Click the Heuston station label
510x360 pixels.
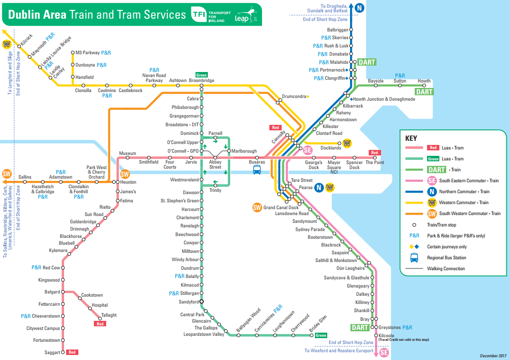point(128,182)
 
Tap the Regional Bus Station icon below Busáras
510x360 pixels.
point(257,170)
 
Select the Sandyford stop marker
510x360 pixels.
point(201,302)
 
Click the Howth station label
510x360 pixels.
point(424,81)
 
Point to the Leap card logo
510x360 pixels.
point(244,15)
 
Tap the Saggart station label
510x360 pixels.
point(52,352)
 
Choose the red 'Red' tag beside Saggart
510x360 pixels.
point(72,352)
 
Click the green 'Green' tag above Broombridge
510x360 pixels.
point(201,75)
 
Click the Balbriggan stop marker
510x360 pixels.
point(351,30)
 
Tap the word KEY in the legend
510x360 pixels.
point(411,138)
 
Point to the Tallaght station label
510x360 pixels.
point(109,315)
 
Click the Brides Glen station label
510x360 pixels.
point(318,326)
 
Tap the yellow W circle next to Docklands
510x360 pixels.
point(348,143)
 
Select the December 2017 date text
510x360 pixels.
point(493,355)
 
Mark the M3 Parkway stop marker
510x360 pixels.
point(72,53)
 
